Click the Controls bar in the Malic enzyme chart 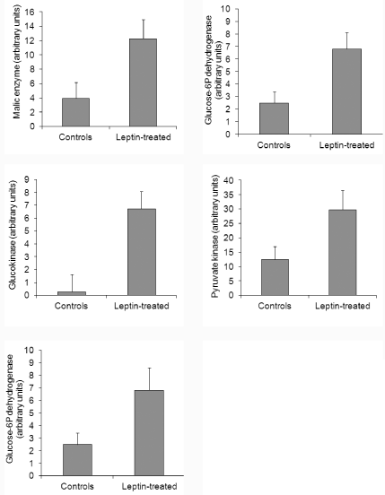point(75,112)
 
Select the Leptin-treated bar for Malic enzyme point(143,82)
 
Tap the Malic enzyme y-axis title point(17,63)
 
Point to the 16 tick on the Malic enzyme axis point(33,12)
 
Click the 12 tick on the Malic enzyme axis point(33,40)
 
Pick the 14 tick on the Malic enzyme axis point(33,26)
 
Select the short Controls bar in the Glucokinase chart point(72,293)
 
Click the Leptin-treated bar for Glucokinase point(142,252)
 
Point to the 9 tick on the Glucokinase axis point(30,179)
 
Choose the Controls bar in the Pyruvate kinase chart point(275,277)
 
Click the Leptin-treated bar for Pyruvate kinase point(342,253)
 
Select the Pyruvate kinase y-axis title point(214,237)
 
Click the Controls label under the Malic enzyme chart point(75,137)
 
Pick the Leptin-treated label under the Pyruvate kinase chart point(342,306)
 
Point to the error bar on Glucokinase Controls point(72,283)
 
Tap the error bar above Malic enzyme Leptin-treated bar point(144,29)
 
